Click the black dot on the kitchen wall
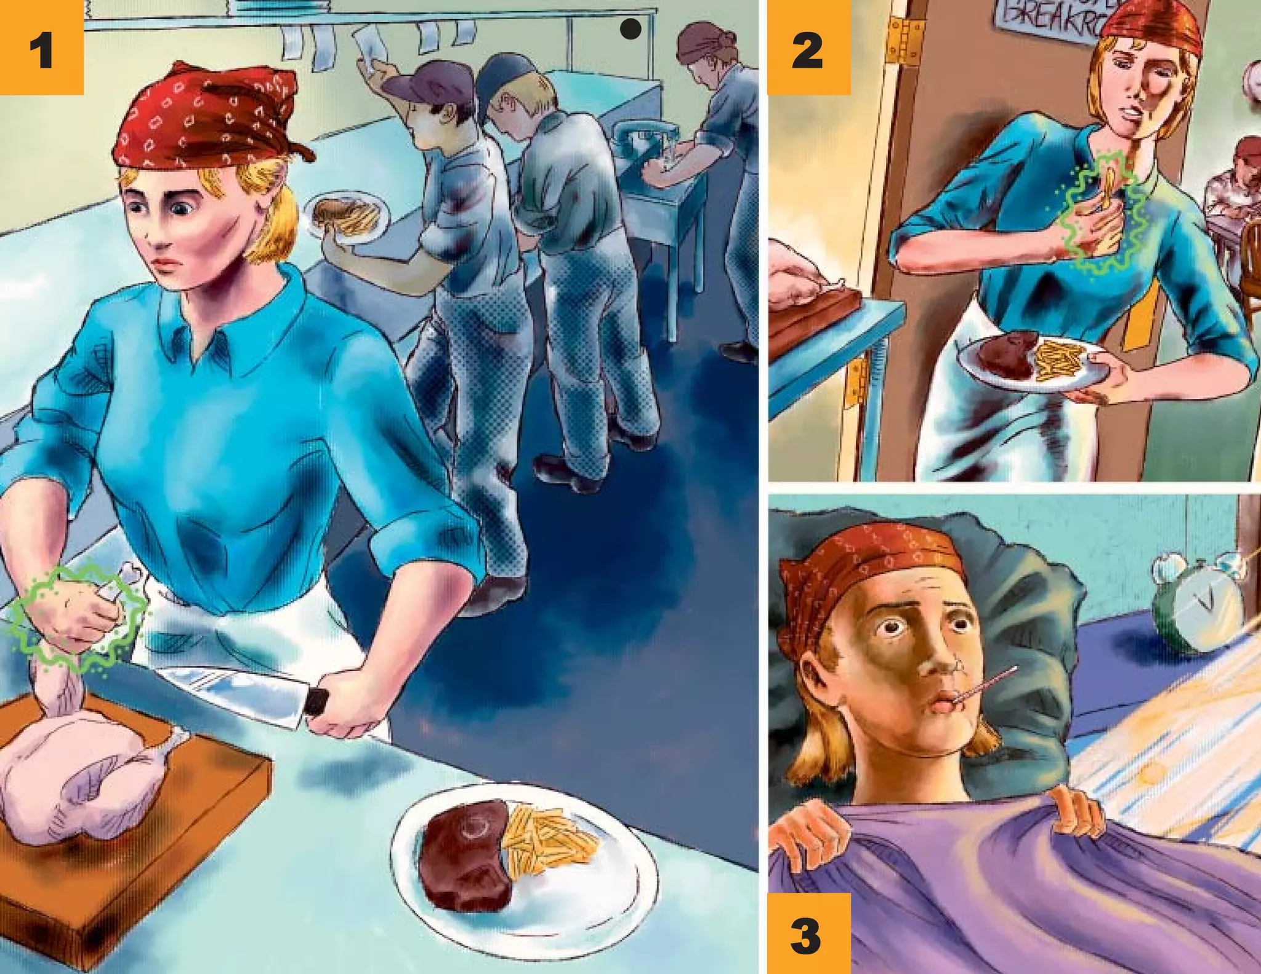(630, 29)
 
